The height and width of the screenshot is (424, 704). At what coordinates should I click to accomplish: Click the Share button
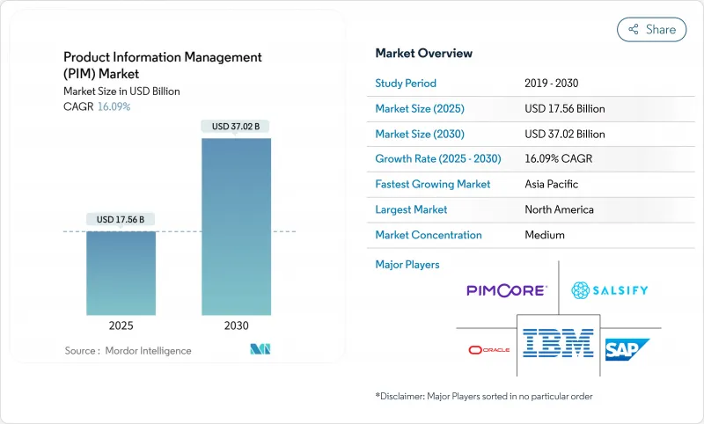tap(651, 29)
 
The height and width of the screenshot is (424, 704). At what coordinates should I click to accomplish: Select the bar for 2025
tap(121, 273)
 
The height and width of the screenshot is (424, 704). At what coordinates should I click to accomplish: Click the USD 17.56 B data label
tap(121, 219)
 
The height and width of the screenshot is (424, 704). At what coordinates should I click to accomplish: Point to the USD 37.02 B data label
tap(236, 127)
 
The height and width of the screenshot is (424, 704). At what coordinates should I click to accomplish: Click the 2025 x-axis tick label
tap(121, 325)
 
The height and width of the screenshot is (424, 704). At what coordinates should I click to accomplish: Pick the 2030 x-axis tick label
tap(236, 325)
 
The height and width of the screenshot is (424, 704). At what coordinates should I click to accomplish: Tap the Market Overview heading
tap(423, 54)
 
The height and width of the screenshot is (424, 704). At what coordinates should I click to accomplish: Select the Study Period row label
tap(406, 84)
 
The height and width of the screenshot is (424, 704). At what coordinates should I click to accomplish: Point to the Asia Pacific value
tap(552, 185)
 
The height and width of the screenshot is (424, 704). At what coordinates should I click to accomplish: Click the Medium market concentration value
tap(544, 235)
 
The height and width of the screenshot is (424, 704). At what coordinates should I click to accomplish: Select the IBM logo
tap(557, 343)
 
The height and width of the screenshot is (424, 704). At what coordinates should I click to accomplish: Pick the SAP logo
tap(627, 349)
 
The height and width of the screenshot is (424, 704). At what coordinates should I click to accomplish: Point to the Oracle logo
tap(488, 349)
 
